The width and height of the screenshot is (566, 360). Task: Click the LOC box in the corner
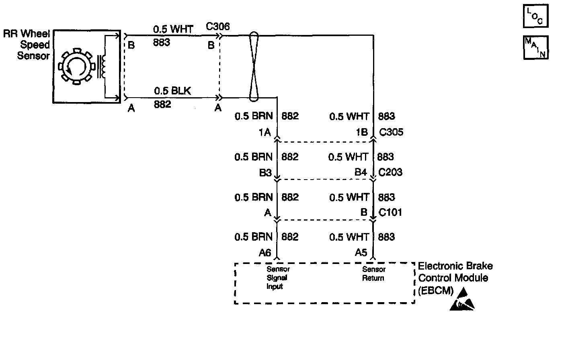[x=536, y=16]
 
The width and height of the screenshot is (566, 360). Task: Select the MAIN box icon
[x=536, y=47]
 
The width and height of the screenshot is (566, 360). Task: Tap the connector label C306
[x=218, y=27]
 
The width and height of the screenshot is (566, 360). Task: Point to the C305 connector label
[x=391, y=132]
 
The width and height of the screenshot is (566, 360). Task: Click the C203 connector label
[x=390, y=172]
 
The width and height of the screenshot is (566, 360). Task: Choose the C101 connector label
[x=390, y=212]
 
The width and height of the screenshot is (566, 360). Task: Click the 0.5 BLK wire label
[x=172, y=91]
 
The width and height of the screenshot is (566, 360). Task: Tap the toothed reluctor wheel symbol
[x=77, y=66]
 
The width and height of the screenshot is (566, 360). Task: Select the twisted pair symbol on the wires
[x=254, y=66]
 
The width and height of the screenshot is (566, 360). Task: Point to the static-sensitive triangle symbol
[x=462, y=299]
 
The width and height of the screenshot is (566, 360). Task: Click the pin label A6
[x=265, y=253]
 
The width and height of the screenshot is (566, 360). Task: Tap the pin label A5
[x=361, y=252]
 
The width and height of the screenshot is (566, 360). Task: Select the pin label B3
[x=265, y=173]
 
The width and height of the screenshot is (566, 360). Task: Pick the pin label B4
[x=361, y=172]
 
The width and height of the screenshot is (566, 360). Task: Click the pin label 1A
[x=265, y=132]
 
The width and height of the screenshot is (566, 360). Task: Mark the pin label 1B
[x=362, y=132]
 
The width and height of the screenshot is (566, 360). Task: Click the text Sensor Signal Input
[x=278, y=278]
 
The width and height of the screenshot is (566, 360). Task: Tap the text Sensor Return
[x=374, y=274]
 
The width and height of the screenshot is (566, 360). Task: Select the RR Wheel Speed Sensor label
[x=27, y=45]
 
